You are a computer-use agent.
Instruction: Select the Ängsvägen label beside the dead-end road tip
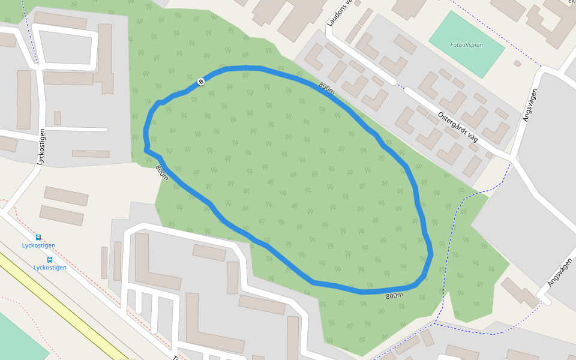pyautogui.click(x=560, y=272)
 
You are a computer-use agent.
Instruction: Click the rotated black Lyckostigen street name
pyautogui.click(x=41, y=145)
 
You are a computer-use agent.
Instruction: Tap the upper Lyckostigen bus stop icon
pyautogui.click(x=38, y=238)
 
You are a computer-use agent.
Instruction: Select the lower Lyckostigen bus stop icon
pyautogui.click(x=49, y=260)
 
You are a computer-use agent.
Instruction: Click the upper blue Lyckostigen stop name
pyautogui.click(x=38, y=245)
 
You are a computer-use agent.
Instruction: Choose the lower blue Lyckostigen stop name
pyautogui.click(x=50, y=268)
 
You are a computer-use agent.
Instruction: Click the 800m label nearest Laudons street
pyautogui.click(x=326, y=88)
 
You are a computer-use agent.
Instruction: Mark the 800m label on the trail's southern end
pyautogui.click(x=394, y=296)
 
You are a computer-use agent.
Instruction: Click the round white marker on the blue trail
pyautogui.click(x=201, y=81)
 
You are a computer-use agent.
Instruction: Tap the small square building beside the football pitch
pyautogui.click(x=517, y=63)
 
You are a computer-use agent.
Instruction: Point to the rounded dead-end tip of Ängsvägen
pyautogui.click(x=544, y=296)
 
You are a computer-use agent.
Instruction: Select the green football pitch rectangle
pyautogui.click(x=466, y=44)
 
